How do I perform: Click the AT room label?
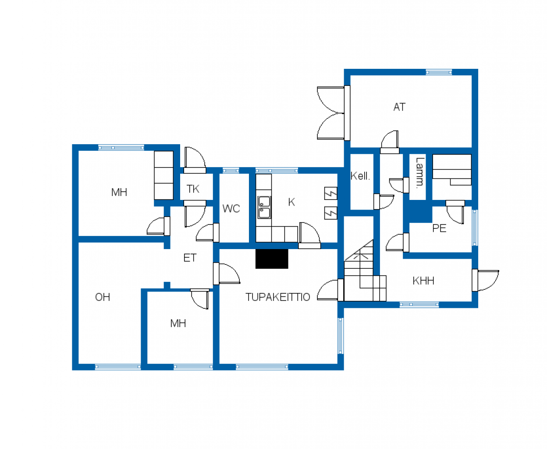[x=399, y=107]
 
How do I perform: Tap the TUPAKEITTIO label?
[x=278, y=297]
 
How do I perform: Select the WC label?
[x=231, y=209]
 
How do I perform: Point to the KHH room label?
[x=423, y=281]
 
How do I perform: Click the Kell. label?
[x=360, y=176]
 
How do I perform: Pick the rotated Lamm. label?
[x=420, y=173]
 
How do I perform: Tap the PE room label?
[x=439, y=228]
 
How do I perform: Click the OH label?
[x=103, y=297]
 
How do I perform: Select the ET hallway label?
[x=190, y=258]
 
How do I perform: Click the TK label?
[x=193, y=189]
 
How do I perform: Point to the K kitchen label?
[x=291, y=202]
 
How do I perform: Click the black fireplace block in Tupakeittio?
[x=272, y=259]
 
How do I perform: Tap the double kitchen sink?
[x=264, y=207]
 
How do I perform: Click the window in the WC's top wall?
[x=231, y=171]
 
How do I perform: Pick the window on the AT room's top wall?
[x=439, y=72]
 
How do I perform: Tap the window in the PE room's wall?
[x=475, y=228]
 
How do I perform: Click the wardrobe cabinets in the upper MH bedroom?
[x=163, y=175]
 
